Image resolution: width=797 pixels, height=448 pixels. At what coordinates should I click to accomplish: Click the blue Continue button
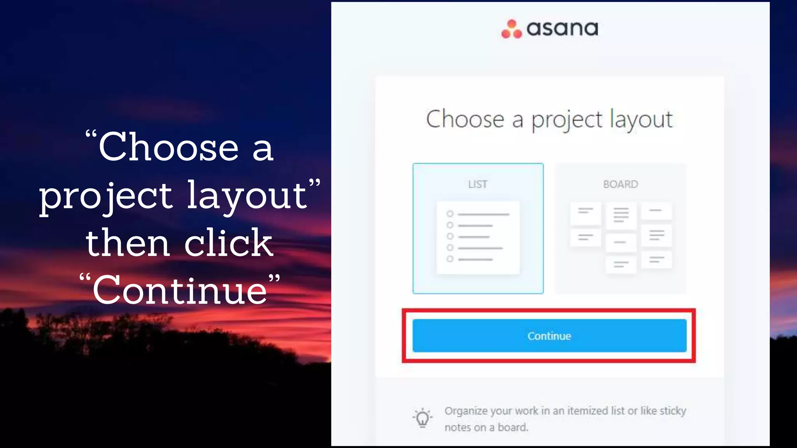coord(549,336)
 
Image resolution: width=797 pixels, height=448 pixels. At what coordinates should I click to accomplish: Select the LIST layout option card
coord(478,229)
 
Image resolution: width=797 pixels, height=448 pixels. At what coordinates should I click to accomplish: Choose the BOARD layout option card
coord(620,229)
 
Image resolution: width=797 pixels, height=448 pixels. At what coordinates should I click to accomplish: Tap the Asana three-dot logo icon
coord(511,29)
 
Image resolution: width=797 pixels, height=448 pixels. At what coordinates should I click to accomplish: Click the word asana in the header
coord(562,29)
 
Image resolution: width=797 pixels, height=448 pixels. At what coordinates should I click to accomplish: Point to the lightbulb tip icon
coord(422,418)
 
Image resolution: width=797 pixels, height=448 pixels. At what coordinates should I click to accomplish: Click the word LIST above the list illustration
coord(478,184)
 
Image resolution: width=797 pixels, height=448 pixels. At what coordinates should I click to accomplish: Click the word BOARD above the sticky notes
coord(620,184)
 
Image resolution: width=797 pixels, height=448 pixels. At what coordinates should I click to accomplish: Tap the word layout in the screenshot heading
coord(641,119)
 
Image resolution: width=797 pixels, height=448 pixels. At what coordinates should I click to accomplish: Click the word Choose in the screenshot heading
coord(465,119)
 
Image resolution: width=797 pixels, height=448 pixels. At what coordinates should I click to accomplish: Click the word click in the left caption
coord(228,243)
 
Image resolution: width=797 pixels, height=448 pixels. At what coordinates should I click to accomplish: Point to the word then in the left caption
coord(128,243)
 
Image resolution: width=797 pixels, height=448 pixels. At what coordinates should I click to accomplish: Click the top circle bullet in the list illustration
coord(450,214)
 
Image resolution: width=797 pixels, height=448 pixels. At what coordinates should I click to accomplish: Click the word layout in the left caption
coord(248,196)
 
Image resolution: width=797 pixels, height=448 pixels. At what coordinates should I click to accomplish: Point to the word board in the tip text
coord(513,427)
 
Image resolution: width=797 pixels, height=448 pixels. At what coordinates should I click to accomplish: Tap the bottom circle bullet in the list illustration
coord(450,259)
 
